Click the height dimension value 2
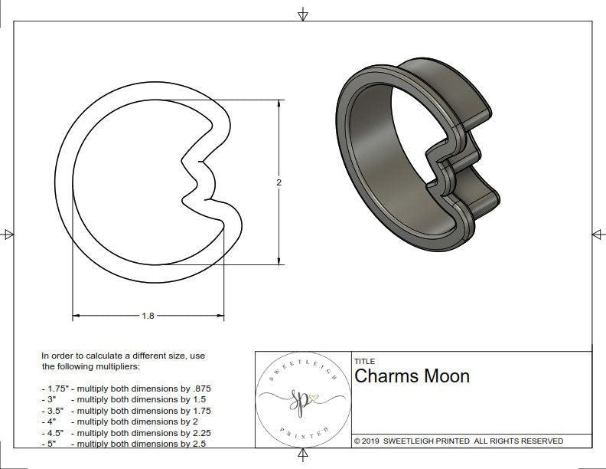[279, 182]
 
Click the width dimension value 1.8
[148, 316]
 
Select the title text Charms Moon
[412, 376]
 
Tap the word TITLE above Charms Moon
[364, 361]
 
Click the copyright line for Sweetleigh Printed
[458, 441]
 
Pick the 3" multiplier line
[127, 399]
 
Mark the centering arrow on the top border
[303, 15]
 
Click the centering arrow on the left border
[8, 235]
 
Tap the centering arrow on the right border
[598, 235]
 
